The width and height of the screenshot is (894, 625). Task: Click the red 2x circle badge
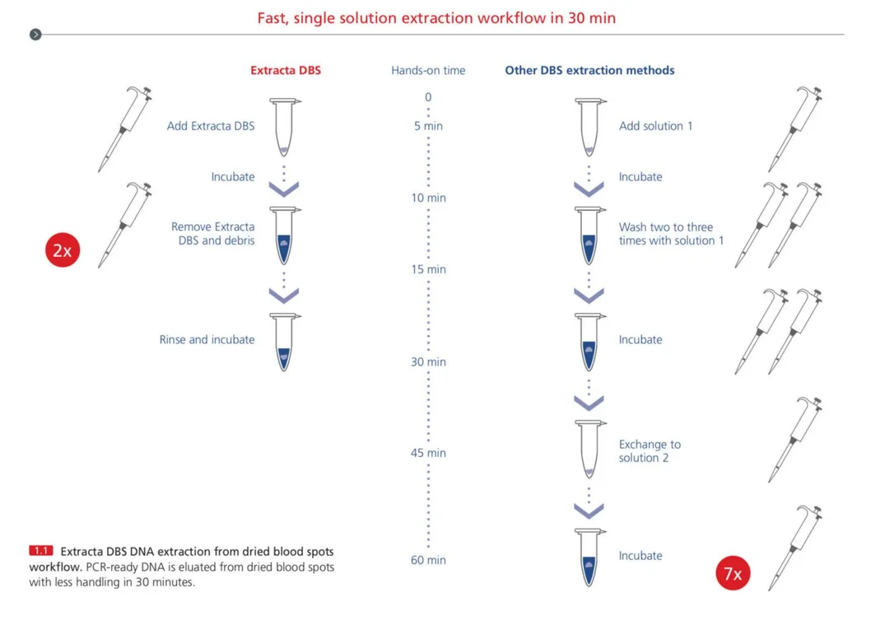[x=63, y=250]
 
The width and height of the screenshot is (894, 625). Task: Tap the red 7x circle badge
[x=733, y=572]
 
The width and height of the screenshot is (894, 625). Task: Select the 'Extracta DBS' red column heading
[x=286, y=70]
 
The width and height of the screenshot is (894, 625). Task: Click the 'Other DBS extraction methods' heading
[x=589, y=70]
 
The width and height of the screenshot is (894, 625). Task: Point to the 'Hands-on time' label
[x=428, y=70]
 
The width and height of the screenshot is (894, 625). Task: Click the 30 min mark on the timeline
[x=428, y=361]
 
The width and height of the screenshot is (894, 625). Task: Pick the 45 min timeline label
[x=428, y=453]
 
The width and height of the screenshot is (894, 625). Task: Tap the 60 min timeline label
[x=428, y=560]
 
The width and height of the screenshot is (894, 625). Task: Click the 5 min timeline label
[x=428, y=126]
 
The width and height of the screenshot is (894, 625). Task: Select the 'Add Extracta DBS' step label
[x=211, y=126]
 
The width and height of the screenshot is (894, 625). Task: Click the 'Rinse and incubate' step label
[x=207, y=339]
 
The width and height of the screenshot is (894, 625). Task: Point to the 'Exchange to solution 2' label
[x=650, y=450]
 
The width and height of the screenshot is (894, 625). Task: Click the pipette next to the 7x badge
[x=794, y=548]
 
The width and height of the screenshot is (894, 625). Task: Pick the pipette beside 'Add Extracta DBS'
[x=125, y=129]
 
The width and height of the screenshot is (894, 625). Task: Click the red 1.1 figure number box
[x=41, y=550]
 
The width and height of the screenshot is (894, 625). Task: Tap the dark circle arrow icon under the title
[x=35, y=35]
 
